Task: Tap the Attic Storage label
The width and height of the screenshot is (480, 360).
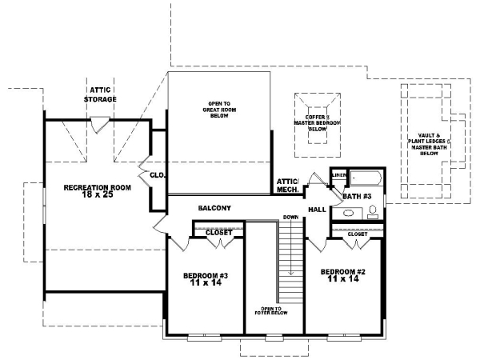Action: coord(101,94)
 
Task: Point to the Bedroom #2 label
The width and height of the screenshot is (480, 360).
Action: coord(344,274)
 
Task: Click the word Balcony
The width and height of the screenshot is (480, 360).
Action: coord(214,208)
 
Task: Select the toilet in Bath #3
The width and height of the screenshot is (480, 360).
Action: coord(372,213)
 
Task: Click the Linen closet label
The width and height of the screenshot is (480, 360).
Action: coord(339,173)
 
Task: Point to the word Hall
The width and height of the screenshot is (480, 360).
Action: coord(317,210)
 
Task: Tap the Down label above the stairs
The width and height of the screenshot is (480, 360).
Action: coord(290,218)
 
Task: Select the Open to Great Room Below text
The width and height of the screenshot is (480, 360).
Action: coord(218,110)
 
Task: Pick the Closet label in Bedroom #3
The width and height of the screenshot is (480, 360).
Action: coord(218,233)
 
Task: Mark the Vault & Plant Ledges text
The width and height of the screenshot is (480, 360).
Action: coord(424,144)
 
